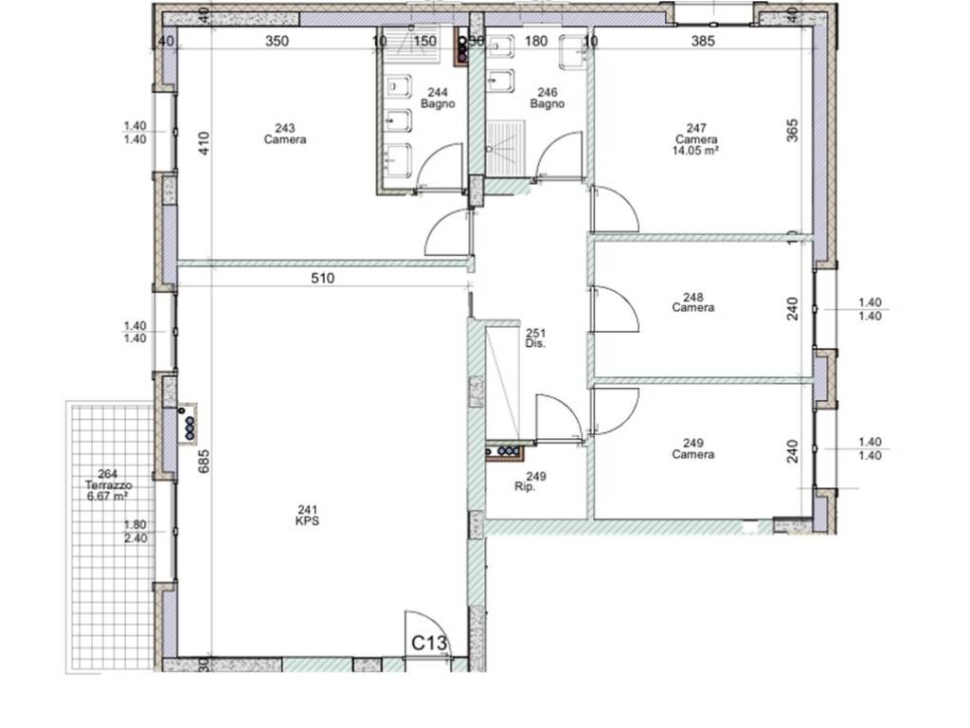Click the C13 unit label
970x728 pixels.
click(429, 644)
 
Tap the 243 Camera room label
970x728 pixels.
click(285, 134)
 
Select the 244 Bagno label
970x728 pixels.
click(438, 99)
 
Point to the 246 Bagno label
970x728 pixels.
click(548, 99)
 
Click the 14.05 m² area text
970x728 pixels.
click(696, 150)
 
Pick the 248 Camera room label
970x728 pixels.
click(693, 302)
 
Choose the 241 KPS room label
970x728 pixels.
click(308, 516)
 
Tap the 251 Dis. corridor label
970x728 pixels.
click(536, 338)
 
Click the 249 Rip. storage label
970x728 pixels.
click(530, 482)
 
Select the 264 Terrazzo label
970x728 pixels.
click(108, 480)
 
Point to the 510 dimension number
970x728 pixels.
click(322, 278)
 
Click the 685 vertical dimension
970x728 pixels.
click(204, 462)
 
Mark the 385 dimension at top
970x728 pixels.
click(703, 41)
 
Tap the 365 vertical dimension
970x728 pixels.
click(792, 131)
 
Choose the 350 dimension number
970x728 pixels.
click(278, 41)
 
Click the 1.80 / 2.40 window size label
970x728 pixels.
click(135, 532)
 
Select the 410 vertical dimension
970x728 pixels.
click(205, 143)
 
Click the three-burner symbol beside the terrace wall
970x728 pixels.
click(188, 424)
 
